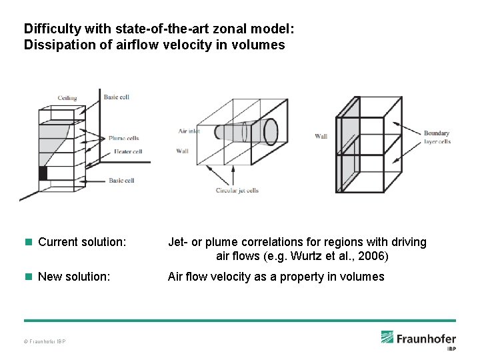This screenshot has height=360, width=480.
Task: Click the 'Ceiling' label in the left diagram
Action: point(67,98)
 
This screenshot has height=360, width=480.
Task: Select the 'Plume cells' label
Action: point(124,139)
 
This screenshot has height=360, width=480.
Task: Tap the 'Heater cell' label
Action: point(128,151)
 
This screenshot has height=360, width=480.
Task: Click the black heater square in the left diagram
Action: point(43,173)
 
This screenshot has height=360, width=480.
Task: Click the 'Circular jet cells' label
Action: point(237,191)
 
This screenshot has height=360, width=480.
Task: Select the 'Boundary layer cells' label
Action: point(437,137)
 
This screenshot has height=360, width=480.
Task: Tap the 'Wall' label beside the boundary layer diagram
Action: point(321,137)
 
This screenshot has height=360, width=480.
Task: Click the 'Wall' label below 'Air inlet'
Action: point(183,151)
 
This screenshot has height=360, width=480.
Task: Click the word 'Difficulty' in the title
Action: point(49,29)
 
